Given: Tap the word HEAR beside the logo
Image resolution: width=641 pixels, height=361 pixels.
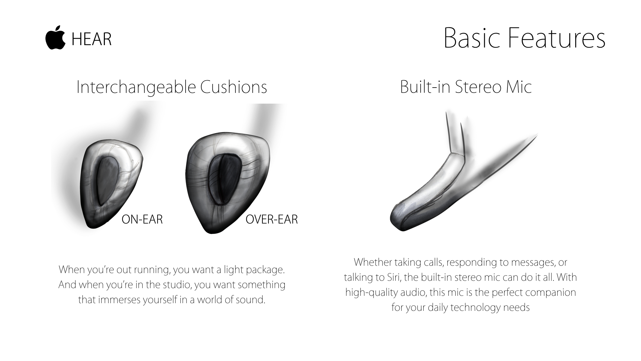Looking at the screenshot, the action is coord(91,39).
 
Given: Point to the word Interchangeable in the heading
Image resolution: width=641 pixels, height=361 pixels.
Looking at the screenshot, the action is coord(136,87).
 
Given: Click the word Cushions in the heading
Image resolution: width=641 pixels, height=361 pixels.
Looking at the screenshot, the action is coord(234,87).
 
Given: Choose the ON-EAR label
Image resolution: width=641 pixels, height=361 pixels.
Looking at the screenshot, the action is coord(142,219).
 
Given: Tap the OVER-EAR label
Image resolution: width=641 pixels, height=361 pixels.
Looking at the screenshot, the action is coord(272,219).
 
